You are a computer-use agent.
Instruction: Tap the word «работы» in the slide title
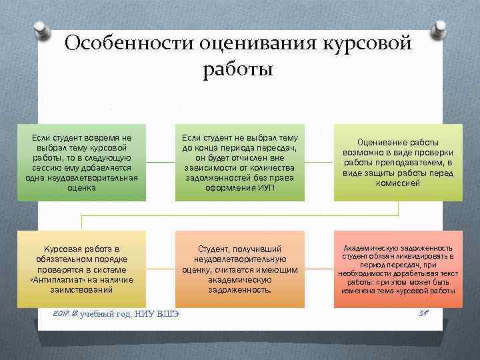239,69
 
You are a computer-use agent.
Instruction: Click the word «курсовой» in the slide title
368,44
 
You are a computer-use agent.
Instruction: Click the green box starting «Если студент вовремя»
81,162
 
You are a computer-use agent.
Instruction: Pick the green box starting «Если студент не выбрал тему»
239,162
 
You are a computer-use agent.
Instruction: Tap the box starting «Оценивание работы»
398,162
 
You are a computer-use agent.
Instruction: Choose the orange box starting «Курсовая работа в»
81,269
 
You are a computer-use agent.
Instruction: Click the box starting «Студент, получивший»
239,269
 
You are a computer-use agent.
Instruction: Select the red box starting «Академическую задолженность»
398,269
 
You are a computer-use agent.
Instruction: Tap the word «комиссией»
398,183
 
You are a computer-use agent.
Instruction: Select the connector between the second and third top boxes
319,162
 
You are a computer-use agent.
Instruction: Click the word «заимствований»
81,291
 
